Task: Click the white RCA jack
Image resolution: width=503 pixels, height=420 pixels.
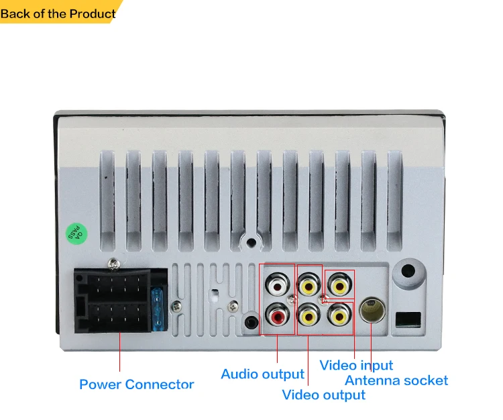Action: pyautogui.click(x=276, y=286)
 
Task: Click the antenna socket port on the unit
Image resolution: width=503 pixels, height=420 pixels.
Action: pyautogui.click(x=372, y=310)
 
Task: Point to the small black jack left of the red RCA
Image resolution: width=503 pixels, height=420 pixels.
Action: pyautogui.click(x=251, y=321)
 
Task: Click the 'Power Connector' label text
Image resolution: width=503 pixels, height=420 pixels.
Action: pyautogui.click(x=136, y=384)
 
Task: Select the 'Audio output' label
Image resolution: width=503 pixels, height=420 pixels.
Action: pyautogui.click(x=262, y=374)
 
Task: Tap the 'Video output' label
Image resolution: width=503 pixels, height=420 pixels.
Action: pyautogui.click(x=323, y=395)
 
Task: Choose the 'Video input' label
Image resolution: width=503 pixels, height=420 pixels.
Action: pyautogui.click(x=356, y=366)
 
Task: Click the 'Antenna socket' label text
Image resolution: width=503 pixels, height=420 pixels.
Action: pyautogui.click(x=396, y=380)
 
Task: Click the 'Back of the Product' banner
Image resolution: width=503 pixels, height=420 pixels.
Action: pyautogui.click(x=58, y=13)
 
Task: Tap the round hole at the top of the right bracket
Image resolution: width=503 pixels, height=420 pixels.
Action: pyautogui.click(x=410, y=273)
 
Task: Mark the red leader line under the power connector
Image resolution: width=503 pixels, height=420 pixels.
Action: pyautogui.click(x=120, y=351)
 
